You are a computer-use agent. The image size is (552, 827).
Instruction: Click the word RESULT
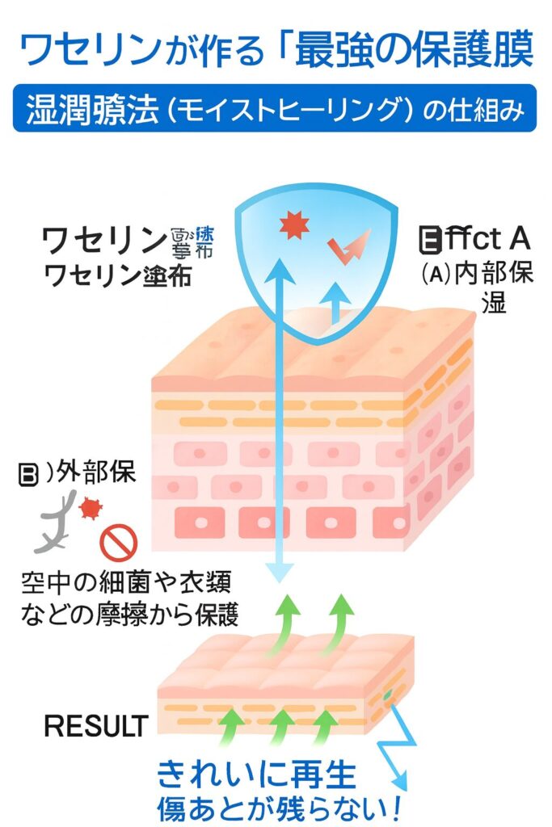pos(96,724)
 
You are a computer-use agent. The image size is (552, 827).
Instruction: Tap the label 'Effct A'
pos(474,239)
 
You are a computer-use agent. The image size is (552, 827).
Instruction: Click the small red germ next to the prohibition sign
pos(90,509)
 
